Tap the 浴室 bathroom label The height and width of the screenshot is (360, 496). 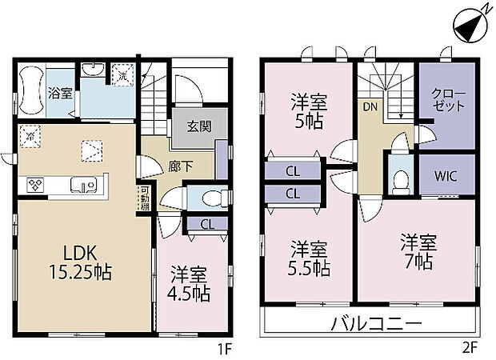coord(60,93)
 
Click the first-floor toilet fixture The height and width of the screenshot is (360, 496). coord(210,197)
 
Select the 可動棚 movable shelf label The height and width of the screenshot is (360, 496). coord(144,197)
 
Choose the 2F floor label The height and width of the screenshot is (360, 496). coord(470,350)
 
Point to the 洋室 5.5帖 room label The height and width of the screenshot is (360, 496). coord(309,258)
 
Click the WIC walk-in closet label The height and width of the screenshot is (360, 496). coord(446,174)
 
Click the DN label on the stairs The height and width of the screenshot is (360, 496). coord(370,106)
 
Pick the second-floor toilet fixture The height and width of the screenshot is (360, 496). coord(398,181)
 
